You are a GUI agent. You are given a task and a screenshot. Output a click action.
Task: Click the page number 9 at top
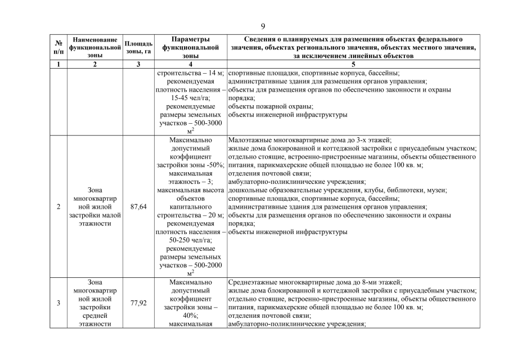pyautogui.click(x=263, y=26)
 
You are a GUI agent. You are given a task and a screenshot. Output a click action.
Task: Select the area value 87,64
pyautogui.click(x=138, y=207)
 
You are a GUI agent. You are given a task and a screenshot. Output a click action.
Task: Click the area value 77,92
pyautogui.click(x=138, y=303)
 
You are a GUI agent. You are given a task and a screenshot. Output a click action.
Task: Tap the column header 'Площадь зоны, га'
pyautogui.click(x=138, y=48)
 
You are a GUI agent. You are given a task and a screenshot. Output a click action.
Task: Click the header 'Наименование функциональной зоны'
pyautogui.click(x=95, y=48)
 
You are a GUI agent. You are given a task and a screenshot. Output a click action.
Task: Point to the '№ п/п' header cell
pyautogui.click(x=58, y=48)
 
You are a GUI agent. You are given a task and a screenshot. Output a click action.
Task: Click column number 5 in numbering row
pyautogui.click(x=354, y=64)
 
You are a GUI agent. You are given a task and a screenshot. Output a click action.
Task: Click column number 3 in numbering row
pyautogui.click(x=138, y=64)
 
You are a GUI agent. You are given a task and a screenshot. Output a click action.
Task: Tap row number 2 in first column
pyautogui.click(x=58, y=207)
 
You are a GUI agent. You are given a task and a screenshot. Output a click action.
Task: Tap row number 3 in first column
pyautogui.click(x=58, y=303)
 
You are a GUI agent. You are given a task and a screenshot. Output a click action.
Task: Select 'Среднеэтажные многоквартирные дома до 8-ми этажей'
pyautogui.click(x=315, y=282)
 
